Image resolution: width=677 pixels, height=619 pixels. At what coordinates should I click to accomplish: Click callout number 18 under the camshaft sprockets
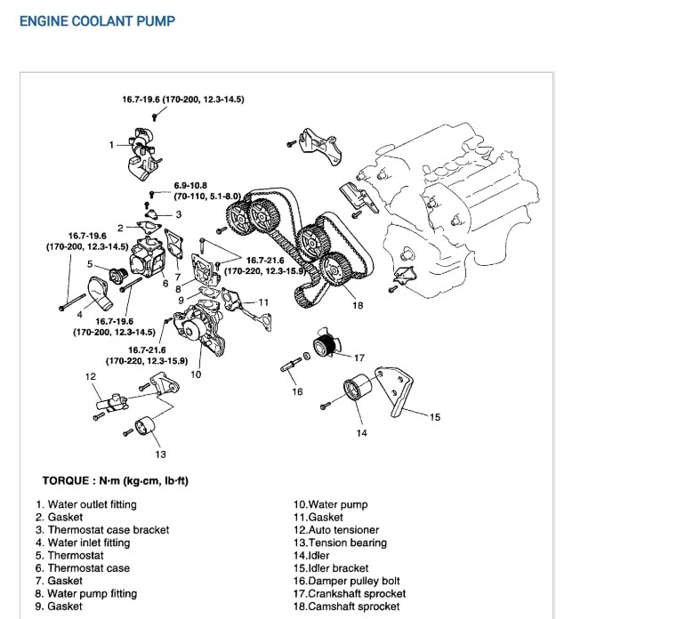pyautogui.click(x=358, y=305)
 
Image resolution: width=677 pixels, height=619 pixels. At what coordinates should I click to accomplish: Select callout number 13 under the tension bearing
pyautogui.click(x=160, y=454)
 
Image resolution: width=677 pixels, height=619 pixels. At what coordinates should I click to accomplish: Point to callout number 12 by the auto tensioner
pyautogui.click(x=91, y=377)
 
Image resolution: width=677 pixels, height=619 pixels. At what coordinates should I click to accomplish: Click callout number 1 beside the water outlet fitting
pyautogui.click(x=112, y=144)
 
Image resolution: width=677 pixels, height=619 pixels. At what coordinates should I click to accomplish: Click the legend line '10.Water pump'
pyautogui.click(x=330, y=505)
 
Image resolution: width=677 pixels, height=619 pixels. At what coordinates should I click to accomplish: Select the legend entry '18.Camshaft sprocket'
pyautogui.click(x=349, y=607)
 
